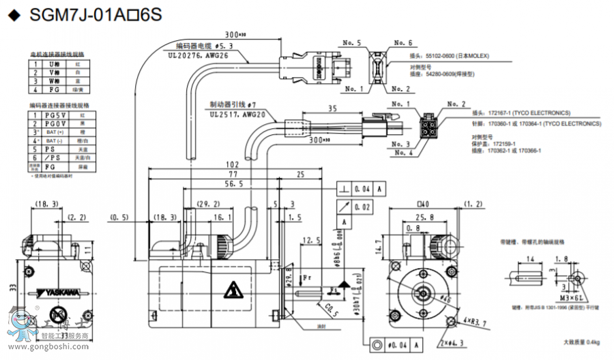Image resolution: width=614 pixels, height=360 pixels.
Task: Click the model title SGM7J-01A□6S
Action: coord(96,16)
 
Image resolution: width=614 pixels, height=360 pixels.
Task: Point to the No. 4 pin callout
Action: coord(400,153)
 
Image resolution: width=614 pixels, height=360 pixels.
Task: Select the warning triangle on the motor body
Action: coord(233,290)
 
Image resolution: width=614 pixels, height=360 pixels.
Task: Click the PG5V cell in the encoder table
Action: coord(50,116)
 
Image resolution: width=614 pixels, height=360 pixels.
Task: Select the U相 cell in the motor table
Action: coord(51,63)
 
